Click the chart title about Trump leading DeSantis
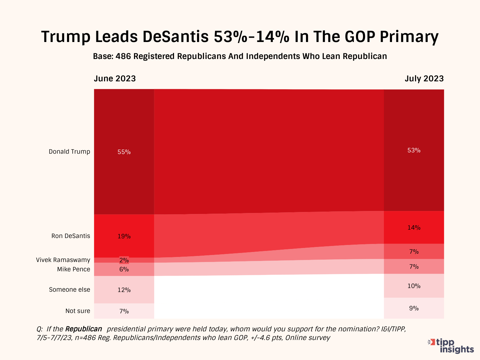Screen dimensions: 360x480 (240, 37)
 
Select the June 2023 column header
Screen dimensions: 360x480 (115, 79)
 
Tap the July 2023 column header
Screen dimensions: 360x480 (424, 79)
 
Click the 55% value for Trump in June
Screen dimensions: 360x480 (124, 152)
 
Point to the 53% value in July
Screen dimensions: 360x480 (414, 150)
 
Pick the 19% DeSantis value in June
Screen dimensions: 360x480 (124, 236)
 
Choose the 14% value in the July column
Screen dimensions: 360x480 (414, 228)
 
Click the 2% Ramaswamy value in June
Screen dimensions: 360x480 (124, 260)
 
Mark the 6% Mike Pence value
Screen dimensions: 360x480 (124, 269)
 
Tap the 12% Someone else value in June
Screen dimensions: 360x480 (124, 290)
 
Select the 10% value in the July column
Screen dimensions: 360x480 (414, 286)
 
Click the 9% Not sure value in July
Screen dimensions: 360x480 (414, 308)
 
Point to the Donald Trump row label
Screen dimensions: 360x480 (69, 152)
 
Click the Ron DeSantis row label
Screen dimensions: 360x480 (71, 236)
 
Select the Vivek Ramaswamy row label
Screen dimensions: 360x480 (63, 260)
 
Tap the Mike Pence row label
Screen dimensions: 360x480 (73, 269)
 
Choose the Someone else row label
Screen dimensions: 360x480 (69, 290)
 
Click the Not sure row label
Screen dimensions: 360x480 (78, 311)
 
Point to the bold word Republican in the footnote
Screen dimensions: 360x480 (83, 329)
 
